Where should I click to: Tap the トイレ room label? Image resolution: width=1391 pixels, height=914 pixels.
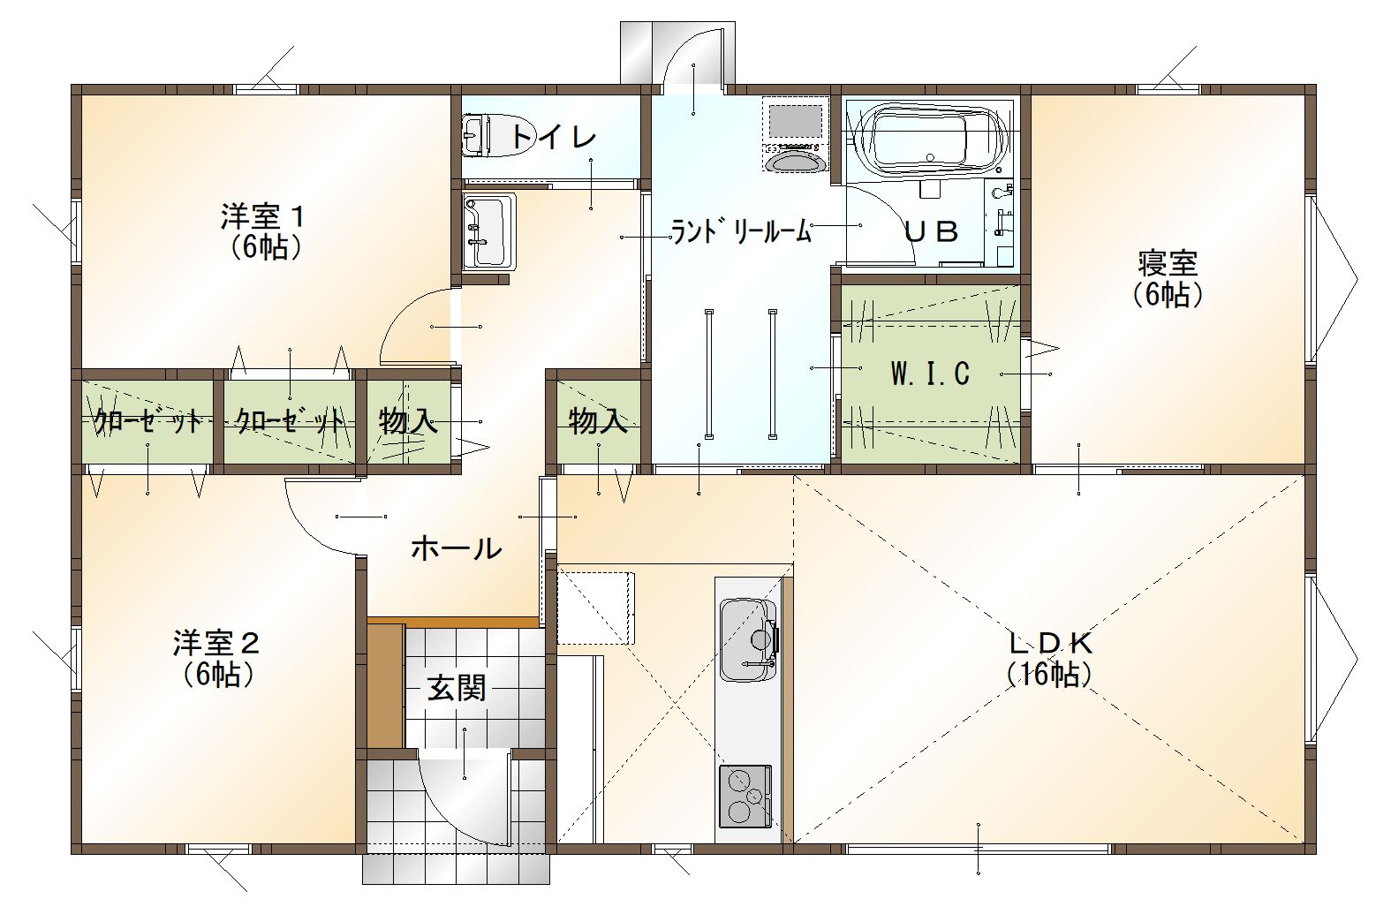553,137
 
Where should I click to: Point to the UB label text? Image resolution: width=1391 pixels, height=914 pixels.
932,232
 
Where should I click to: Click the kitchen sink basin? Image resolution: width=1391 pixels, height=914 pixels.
749,639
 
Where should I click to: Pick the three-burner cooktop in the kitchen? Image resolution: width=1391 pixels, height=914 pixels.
745,797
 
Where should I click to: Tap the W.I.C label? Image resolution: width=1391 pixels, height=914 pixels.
930,374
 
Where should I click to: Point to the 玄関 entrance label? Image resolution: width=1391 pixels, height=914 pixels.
457,689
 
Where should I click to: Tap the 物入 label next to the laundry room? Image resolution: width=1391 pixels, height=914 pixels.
598,421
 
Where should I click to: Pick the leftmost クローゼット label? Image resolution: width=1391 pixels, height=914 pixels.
149,422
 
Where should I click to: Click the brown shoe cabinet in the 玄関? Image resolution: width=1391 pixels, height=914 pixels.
386,686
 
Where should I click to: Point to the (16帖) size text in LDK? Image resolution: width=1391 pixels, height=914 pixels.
1049,675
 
